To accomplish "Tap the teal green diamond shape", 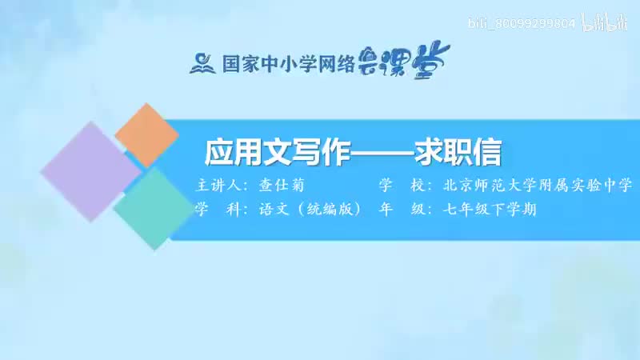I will coord(150,206).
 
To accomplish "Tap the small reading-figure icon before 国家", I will coord(199,62).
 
